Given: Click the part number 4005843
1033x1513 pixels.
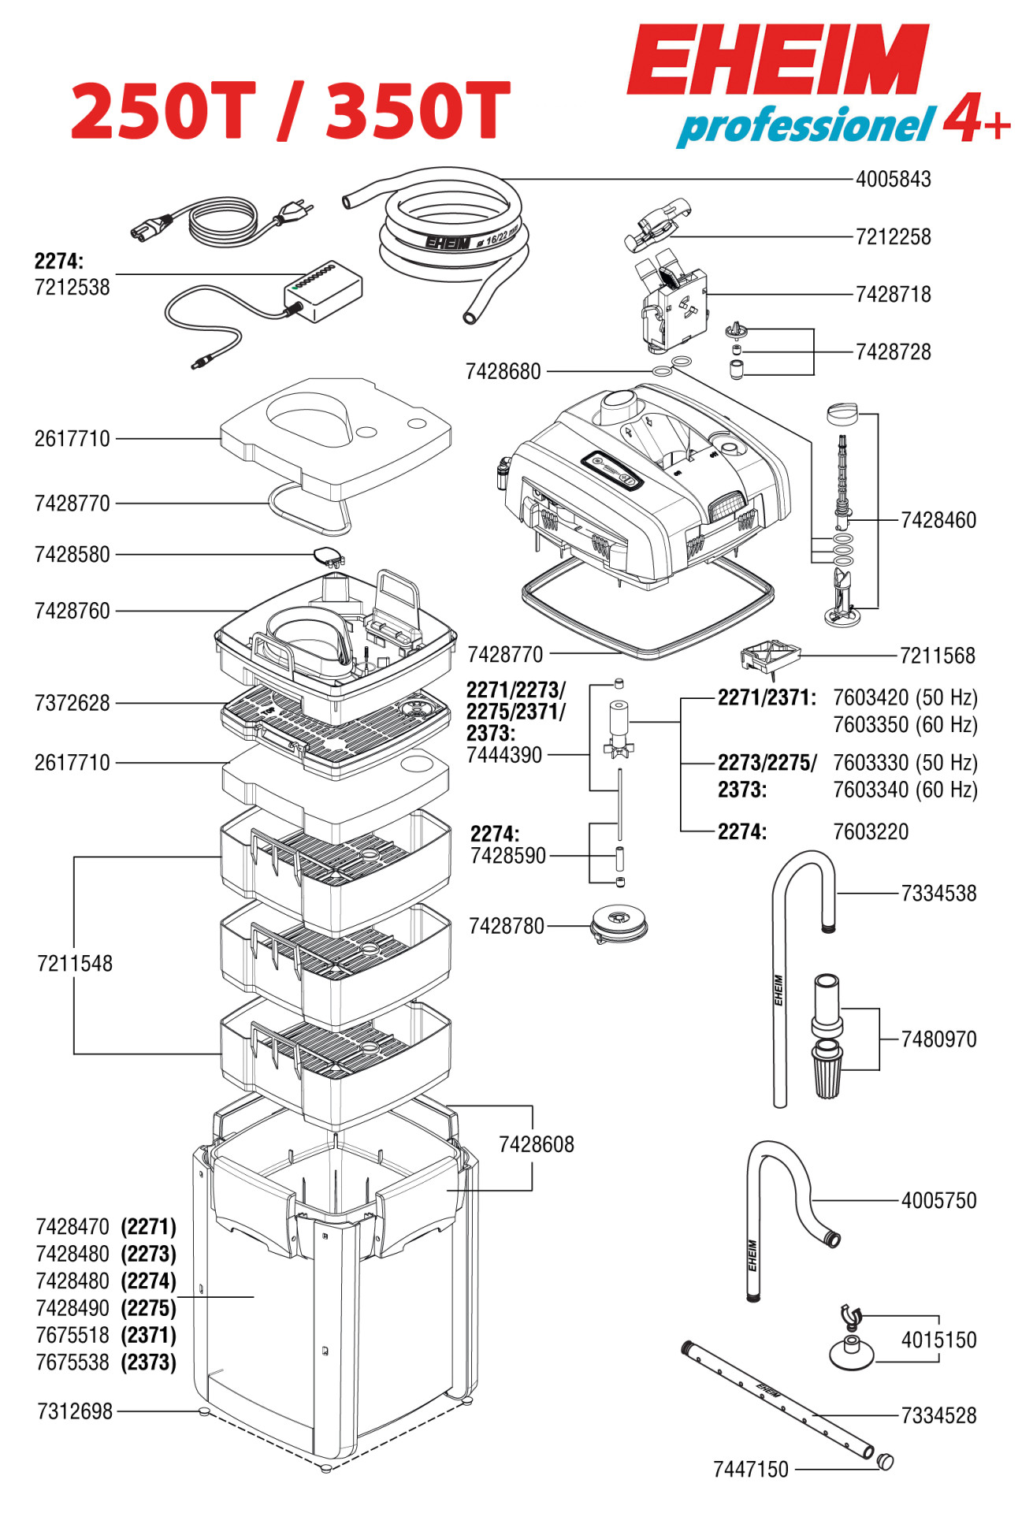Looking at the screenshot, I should pyautogui.click(x=893, y=180).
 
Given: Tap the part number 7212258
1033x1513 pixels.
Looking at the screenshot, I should pyautogui.click(x=893, y=237).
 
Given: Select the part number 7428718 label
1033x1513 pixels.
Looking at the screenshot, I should pyautogui.click(x=893, y=295).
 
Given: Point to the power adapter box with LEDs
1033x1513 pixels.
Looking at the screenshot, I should pyautogui.click(x=323, y=291).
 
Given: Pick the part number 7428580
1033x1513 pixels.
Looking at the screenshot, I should pyautogui.click(x=72, y=555).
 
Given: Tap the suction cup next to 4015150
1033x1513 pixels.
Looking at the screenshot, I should pyautogui.click(x=851, y=1351).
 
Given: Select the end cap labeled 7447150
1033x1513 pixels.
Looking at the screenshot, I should pyautogui.click(x=886, y=1462).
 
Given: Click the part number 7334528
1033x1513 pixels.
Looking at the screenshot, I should pyautogui.click(x=938, y=1416).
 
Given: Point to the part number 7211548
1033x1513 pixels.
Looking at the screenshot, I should pyautogui.click(x=75, y=964).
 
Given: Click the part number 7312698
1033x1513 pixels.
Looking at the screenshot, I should pyautogui.click(x=75, y=1411).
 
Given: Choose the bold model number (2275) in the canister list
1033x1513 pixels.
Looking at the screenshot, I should pyautogui.click(x=148, y=1308).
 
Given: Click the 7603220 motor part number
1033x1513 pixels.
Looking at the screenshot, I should pyautogui.click(x=871, y=832).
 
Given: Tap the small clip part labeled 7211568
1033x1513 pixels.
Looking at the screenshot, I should pyautogui.click(x=769, y=656).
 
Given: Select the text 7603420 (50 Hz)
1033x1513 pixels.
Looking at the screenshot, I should pyautogui.click(x=905, y=698).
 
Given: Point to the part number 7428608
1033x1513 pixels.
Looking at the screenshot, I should pyautogui.click(x=536, y=1144).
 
